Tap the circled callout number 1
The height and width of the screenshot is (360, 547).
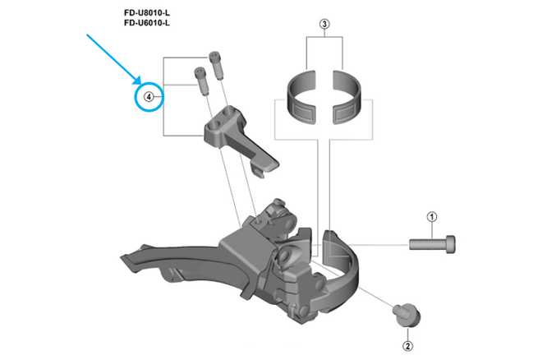432,217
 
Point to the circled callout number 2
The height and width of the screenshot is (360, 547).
408,335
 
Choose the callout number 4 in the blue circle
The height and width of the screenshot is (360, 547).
149,97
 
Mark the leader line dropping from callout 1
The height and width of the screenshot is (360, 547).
432,229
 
